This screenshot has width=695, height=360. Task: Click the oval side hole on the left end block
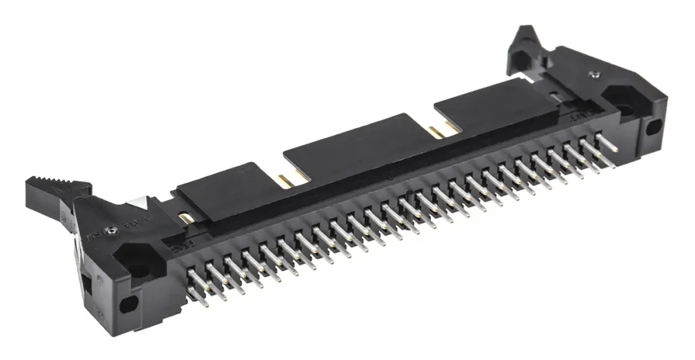coord(128,304)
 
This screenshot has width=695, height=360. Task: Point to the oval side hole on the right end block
coord(654,127)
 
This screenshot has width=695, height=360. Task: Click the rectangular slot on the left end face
coord(87,281)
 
